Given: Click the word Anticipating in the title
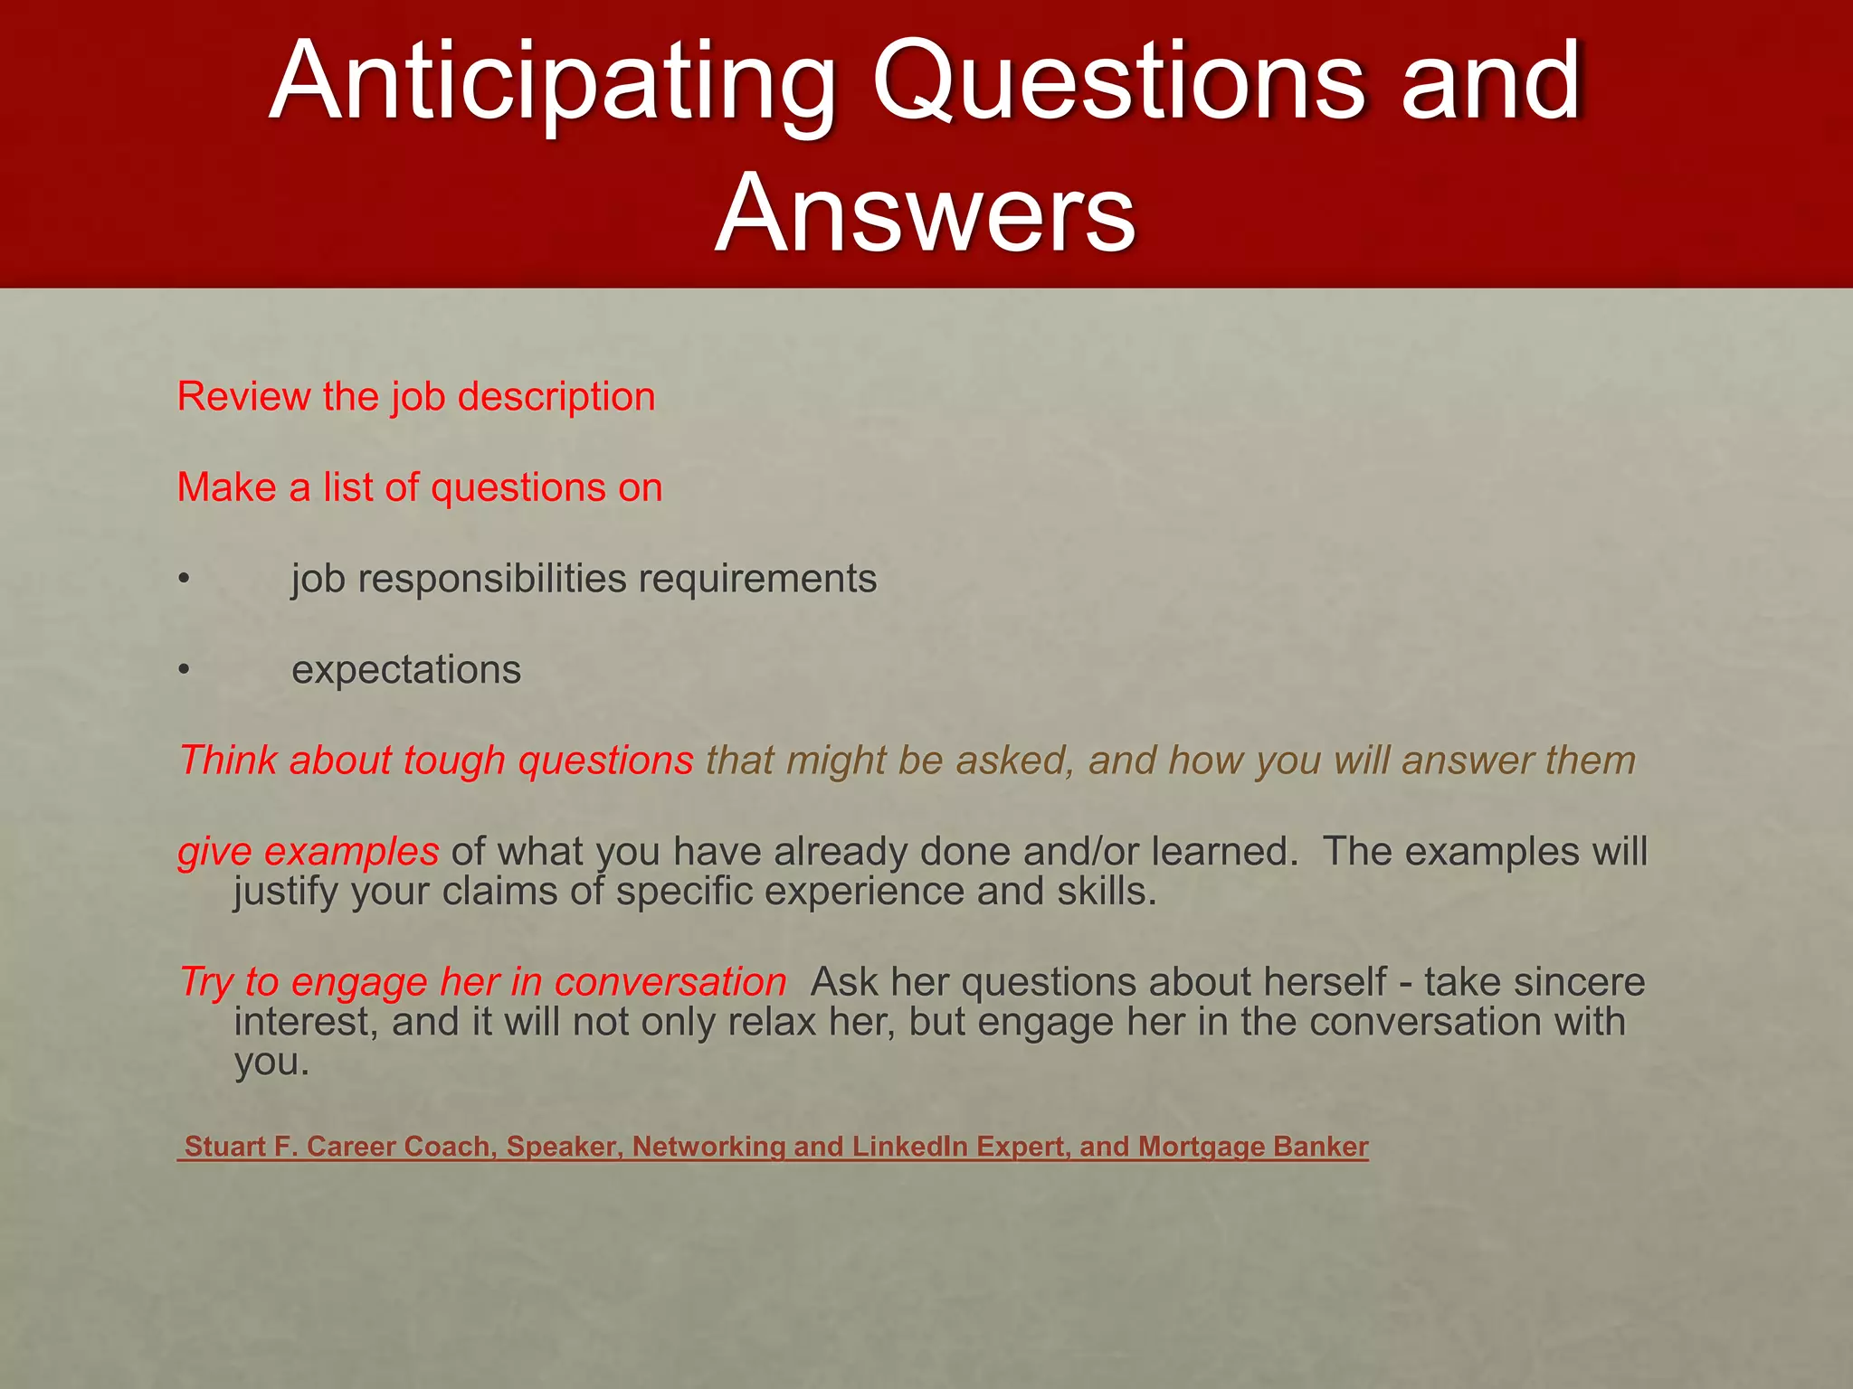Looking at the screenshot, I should (552, 83).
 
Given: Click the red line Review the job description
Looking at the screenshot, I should (416, 397).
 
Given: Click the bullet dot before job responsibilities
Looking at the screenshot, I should (184, 579).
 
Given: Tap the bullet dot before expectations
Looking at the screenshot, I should (184, 670).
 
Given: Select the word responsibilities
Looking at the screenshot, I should (492, 579).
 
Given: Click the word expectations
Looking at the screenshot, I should (406, 670).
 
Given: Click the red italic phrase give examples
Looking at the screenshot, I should (309, 852).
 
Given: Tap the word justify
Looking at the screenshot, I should (287, 892).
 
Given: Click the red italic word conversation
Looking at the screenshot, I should (670, 982).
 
